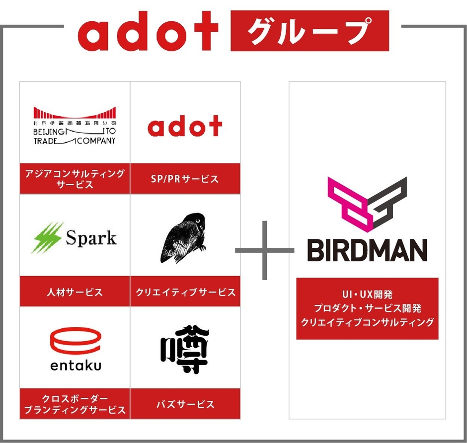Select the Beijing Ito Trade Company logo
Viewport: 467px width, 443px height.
click(x=75, y=125)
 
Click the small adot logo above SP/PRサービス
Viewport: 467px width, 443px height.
click(x=185, y=127)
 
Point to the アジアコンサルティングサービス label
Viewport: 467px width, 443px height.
click(x=75, y=179)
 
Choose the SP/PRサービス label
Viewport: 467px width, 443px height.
click(x=185, y=179)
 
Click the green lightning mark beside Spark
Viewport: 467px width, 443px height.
click(x=48, y=238)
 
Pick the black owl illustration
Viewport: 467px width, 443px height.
click(x=183, y=238)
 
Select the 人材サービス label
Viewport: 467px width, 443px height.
click(x=75, y=292)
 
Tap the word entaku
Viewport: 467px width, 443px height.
click(x=76, y=366)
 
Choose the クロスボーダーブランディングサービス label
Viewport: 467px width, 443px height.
click(x=75, y=404)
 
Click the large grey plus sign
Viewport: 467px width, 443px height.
click(x=264, y=249)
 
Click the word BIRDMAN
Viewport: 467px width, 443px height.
click(x=367, y=251)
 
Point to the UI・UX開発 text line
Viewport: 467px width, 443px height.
click(x=367, y=295)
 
